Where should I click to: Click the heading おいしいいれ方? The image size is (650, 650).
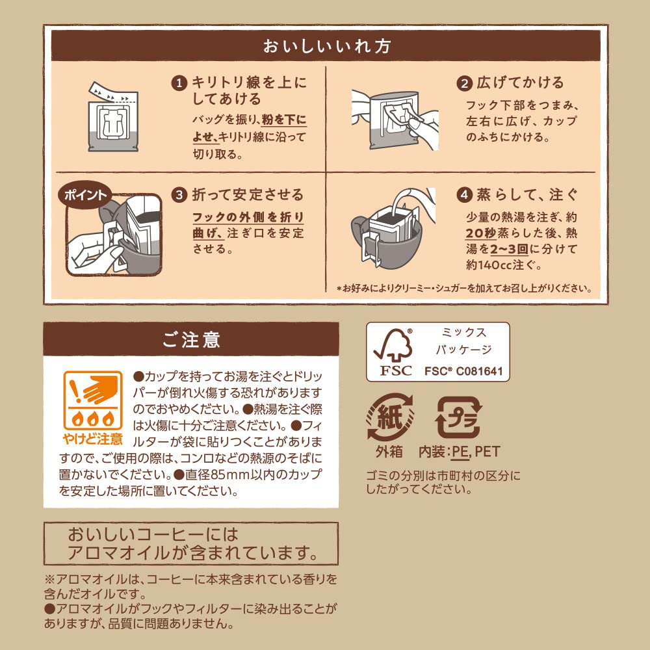click(x=327, y=45)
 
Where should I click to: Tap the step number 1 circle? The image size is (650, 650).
click(x=179, y=83)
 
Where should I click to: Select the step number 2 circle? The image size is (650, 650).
click(x=464, y=84)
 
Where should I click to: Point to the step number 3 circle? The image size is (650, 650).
click(x=179, y=195)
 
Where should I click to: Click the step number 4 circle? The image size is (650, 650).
click(x=464, y=195)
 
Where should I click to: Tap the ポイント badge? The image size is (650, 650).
click(x=85, y=195)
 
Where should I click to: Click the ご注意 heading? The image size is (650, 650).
click(x=191, y=339)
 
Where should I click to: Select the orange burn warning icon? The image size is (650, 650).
click(x=93, y=400)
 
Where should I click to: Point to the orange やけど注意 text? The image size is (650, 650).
click(x=93, y=439)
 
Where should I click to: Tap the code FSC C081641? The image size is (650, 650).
click(x=463, y=371)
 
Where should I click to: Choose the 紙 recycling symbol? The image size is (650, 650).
click(x=389, y=417)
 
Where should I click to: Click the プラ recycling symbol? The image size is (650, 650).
click(x=458, y=417)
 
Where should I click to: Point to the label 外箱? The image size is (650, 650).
click(x=389, y=452)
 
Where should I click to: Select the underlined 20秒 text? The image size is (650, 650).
click(x=481, y=233)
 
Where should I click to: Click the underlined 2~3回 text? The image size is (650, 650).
click(x=510, y=249)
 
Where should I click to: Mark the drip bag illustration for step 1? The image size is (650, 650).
click(x=112, y=117)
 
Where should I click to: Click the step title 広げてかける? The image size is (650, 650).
click(x=520, y=83)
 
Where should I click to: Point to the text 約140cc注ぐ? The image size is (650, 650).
click(x=503, y=265)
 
